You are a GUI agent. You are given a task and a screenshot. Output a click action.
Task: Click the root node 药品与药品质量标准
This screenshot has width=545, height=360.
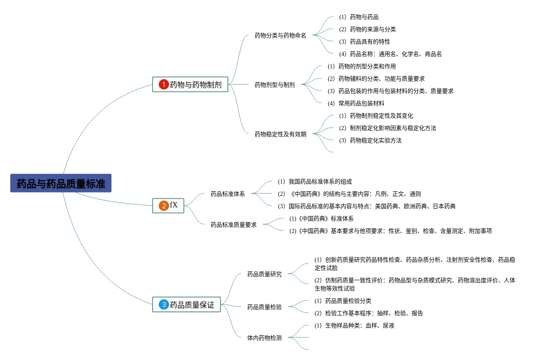point(61,183)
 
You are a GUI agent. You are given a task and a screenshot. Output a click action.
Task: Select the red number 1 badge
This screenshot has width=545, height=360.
point(164,85)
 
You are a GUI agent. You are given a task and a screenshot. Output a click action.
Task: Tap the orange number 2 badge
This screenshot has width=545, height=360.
point(164,205)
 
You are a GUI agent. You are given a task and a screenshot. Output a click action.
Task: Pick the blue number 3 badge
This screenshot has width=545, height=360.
point(164,304)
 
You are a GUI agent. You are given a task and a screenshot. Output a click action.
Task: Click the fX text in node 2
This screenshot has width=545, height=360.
point(174,205)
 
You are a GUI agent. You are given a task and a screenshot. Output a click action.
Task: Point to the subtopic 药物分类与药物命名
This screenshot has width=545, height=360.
point(280,35)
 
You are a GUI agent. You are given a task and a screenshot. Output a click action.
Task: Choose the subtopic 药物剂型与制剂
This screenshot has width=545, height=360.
point(274,85)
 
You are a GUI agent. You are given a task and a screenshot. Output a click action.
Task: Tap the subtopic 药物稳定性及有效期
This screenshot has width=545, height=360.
point(280,134)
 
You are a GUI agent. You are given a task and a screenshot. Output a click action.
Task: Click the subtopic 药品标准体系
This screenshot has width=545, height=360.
point(227,194)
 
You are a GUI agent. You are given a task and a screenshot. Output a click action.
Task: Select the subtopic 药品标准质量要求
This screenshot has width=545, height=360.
point(233,225)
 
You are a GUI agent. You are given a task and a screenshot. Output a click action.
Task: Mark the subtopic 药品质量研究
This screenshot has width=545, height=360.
point(264,274)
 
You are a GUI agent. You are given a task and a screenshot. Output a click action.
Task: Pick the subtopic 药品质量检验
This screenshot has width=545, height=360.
point(264,307)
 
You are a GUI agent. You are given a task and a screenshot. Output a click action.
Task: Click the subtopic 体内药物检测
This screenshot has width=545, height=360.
point(264,338)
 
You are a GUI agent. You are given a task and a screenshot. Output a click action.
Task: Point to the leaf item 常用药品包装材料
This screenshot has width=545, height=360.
point(361,103)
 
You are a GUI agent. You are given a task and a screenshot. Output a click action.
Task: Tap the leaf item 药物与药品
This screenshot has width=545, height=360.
point(364,17)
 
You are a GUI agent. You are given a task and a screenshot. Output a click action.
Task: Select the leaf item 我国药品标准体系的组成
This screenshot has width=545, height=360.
point(320,181)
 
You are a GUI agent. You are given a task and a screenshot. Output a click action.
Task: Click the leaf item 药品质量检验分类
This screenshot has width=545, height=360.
point(348,301)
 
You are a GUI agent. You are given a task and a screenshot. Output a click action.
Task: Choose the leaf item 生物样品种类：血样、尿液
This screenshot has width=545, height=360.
point(359,325)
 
